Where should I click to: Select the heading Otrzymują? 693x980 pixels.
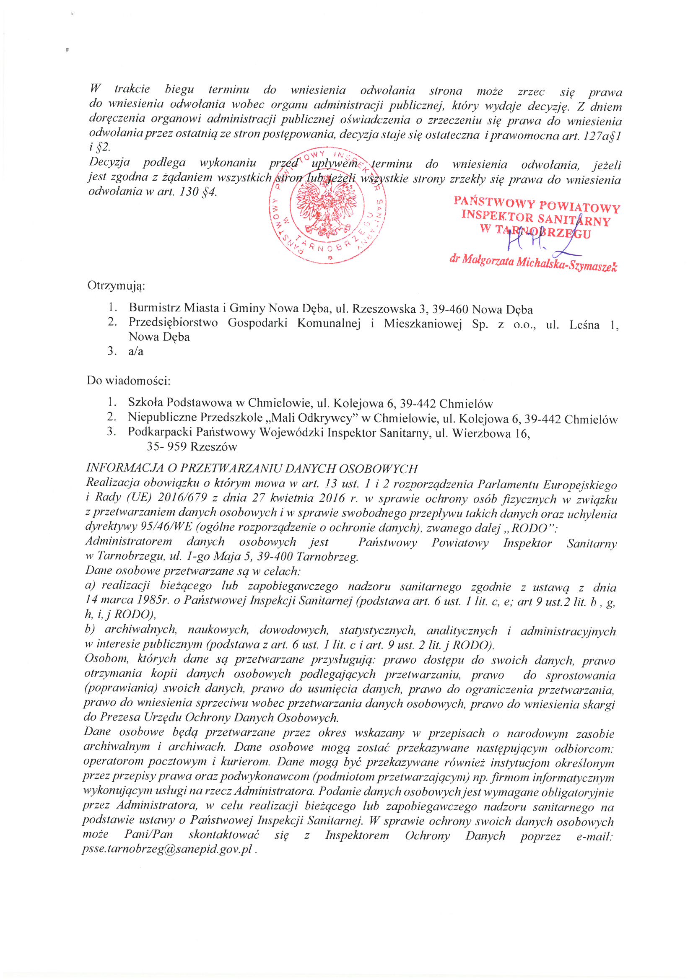click(x=116, y=285)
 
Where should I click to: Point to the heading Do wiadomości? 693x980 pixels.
click(x=128, y=380)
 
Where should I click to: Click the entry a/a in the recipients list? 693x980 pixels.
click(x=136, y=351)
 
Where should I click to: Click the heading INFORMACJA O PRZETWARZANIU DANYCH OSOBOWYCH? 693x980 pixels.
click(x=252, y=469)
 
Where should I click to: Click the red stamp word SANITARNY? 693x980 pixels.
click(x=574, y=220)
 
